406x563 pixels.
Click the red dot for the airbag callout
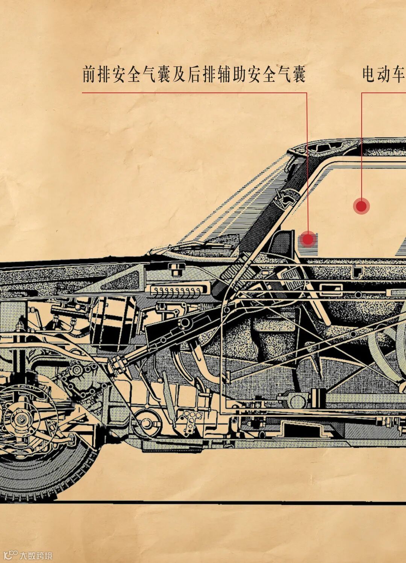(308, 239)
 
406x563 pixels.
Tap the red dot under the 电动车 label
(361, 206)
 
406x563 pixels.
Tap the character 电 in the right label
(370, 74)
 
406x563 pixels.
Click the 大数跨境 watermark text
(36, 555)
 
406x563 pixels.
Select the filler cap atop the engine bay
(175, 268)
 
